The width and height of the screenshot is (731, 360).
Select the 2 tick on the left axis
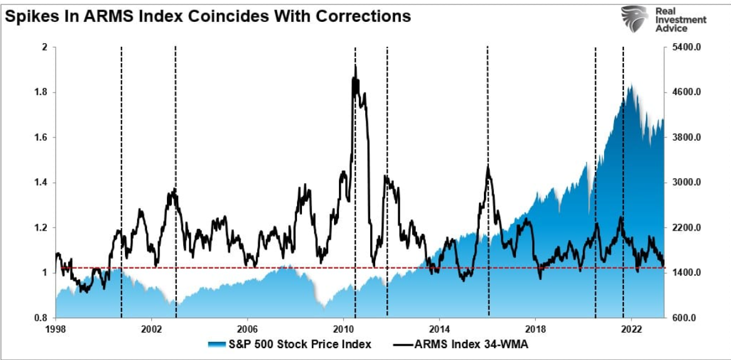coord(44,47)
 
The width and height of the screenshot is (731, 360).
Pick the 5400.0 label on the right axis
coord(682,47)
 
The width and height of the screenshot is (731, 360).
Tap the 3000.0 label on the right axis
coord(682,182)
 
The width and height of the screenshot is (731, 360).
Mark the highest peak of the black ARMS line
coord(355,65)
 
